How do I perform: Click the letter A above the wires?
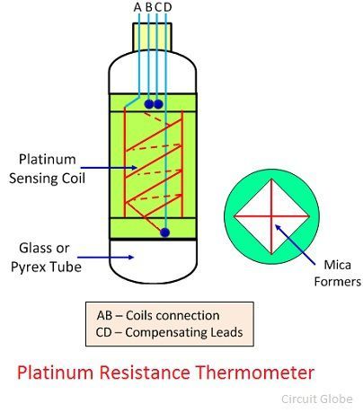pyautogui.click(x=137, y=7)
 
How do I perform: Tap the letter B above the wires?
pyautogui.click(x=149, y=7)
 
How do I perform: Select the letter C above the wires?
pyautogui.click(x=158, y=7)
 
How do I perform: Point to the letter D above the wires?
pyautogui.click(x=168, y=7)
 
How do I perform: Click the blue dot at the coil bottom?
pyautogui.click(x=164, y=232)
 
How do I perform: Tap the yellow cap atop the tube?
pyautogui.click(x=152, y=38)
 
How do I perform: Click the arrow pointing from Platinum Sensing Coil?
pyautogui.click(x=109, y=168)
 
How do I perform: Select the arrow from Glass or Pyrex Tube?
pyautogui.click(x=105, y=257)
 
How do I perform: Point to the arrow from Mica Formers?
pyautogui.click(x=295, y=244)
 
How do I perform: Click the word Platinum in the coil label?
pyautogui.click(x=48, y=159)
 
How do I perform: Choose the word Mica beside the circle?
pyautogui.click(x=337, y=265)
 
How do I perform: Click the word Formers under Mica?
pyautogui.click(x=338, y=282)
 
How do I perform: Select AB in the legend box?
pyautogui.click(x=104, y=315)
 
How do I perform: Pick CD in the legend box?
pyautogui.click(x=104, y=332)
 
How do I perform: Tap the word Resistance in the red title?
pyautogui.click(x=145, y=373)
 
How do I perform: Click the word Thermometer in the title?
pyautogui.click(x=255, y=373)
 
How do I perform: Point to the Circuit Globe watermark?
pyautogui.click(x=317, y=399)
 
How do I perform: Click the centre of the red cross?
pyautogui.click(x=271, y=215)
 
